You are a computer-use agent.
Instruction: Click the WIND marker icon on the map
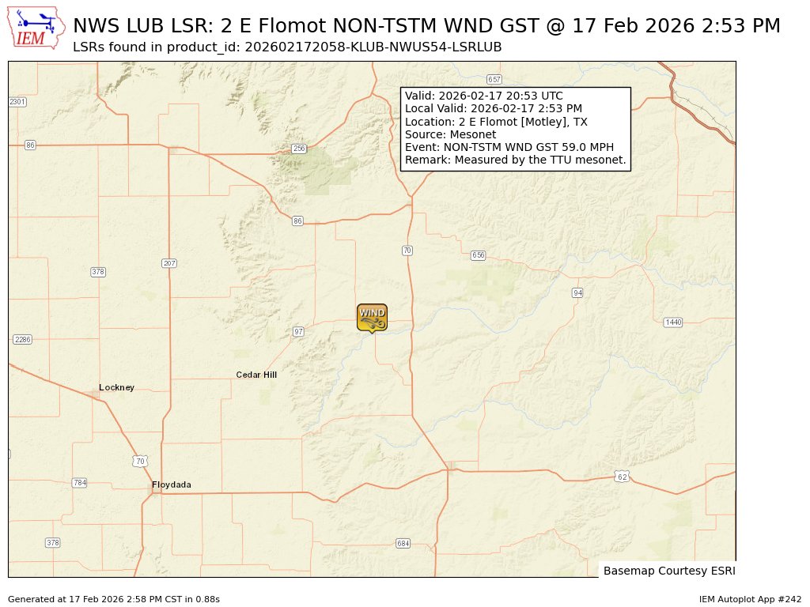[372, 317]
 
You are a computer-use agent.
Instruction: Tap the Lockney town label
[116, 387]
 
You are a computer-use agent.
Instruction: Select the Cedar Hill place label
[256, 375]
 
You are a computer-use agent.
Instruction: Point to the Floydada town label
[172, 484]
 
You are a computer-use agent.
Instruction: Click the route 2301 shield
[17, 102]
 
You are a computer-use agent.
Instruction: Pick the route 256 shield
[298, 149]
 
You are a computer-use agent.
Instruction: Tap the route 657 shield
[494, 80]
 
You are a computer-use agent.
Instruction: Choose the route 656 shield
[478, 255]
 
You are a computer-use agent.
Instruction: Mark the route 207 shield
[168, 263]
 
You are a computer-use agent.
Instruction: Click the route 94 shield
[577, 292]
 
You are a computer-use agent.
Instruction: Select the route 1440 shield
[672, 322]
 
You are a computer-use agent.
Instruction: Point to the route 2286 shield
[22, 339]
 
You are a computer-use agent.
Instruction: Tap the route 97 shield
[298, 331]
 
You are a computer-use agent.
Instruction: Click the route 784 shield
[79, 482]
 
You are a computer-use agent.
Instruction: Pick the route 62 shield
[622, 477]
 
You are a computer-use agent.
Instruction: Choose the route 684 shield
[403, 543]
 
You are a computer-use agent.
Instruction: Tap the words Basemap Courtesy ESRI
[668, 571]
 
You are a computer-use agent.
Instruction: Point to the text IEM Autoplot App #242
[750, 599]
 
